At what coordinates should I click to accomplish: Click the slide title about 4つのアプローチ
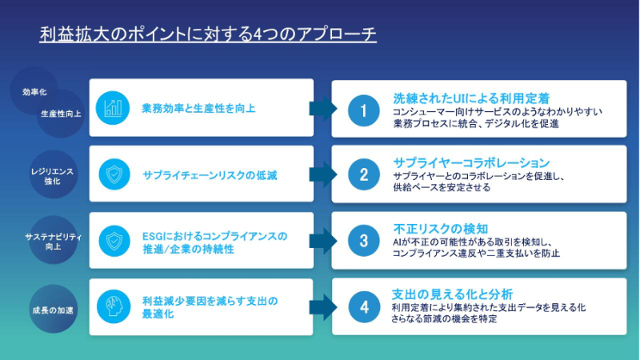(x=208, y=34)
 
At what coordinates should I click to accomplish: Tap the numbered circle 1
(x=364, y=110)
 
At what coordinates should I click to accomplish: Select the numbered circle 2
(x=364, y=174)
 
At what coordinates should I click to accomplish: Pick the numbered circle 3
(x=364, y=241)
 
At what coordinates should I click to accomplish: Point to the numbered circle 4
(x=364, y=307)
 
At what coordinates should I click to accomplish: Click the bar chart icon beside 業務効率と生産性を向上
(x=113, y=108)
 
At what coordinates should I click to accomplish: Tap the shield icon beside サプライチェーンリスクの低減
(x=114, y=174)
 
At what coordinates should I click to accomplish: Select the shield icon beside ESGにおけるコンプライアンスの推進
(x=114, y=241)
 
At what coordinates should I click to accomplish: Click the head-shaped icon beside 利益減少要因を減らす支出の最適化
(x=114, y=306)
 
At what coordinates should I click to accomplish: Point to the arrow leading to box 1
(x=323, y=109)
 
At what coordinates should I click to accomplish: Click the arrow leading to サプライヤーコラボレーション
(x=323, y=174)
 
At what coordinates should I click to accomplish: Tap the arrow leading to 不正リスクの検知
(x=323, y=241)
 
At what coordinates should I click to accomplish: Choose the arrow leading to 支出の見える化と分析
(x=323, y=307)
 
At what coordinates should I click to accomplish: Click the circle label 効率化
(x=34, y=92)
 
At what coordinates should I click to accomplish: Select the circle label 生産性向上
(x=61, y=114)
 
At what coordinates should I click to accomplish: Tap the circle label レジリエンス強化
(x=53, y=174)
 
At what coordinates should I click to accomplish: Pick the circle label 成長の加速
(x=53, y=310)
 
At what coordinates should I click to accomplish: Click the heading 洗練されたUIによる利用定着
(x=471, y=98)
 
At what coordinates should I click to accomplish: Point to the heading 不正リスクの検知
(x=441, y=229)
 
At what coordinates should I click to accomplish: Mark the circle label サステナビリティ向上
(x=53, y=241)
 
